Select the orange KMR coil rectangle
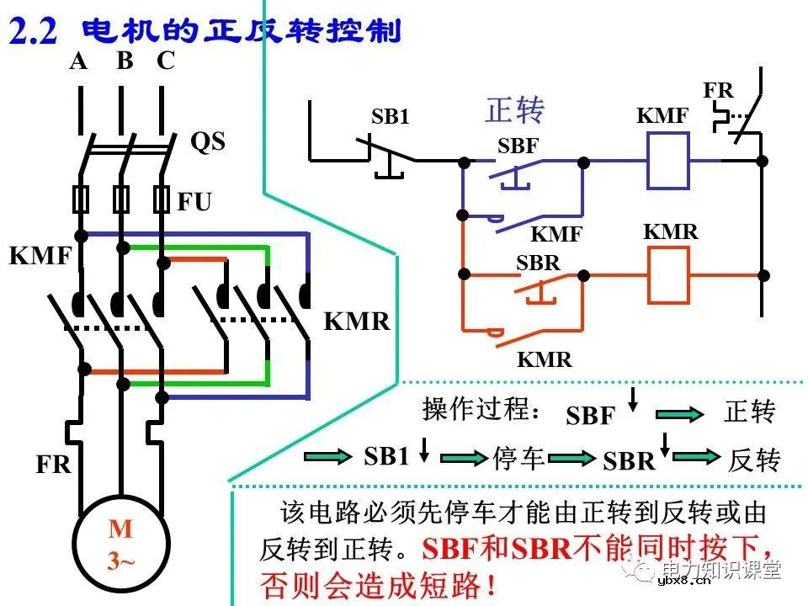(x=668, y=275)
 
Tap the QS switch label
(x=208, y=141)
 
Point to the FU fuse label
(x=194, y=202)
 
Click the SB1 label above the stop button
(x=391, y=117)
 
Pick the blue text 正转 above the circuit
(x=515, y=110)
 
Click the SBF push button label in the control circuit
(x=518, y=146)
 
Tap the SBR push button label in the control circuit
(x=538, y=263)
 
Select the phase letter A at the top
(x=78, y=61)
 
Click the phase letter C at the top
(x=166, y=61)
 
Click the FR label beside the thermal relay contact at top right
(x=718, y=90)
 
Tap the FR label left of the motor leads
(x=54, y=465)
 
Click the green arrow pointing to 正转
(x=679, y=414)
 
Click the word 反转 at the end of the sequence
(x=754, y=460)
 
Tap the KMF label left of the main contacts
(x=39, y=256)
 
